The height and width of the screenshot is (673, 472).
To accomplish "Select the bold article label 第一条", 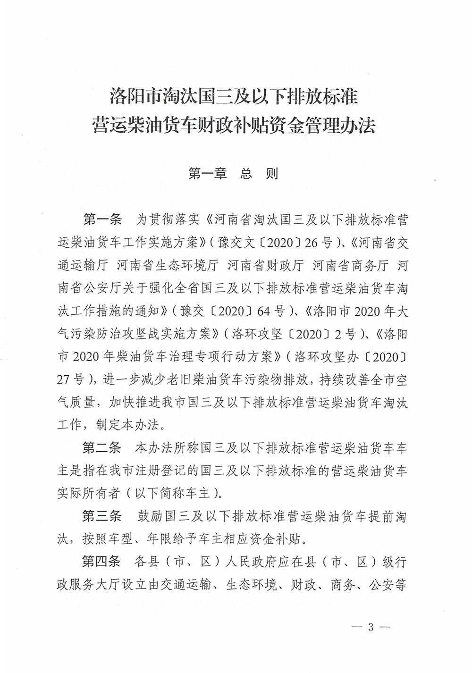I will coord(102,220).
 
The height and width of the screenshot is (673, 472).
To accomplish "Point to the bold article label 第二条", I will coord(102,447).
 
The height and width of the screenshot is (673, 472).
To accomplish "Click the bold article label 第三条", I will coord(102,516).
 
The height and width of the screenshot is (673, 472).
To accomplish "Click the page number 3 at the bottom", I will coord(371,627).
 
